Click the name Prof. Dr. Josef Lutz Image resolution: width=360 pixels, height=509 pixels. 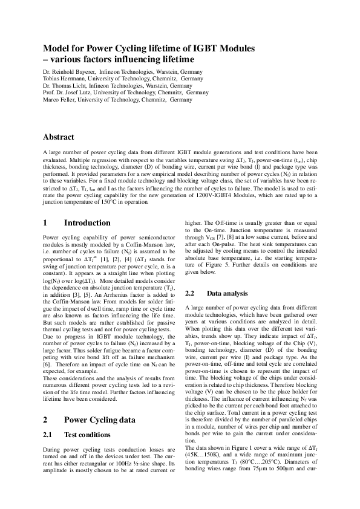coord(71,92)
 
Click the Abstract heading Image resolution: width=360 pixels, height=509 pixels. coord(59,137)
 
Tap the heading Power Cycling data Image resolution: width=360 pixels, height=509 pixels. coord(99,419)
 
